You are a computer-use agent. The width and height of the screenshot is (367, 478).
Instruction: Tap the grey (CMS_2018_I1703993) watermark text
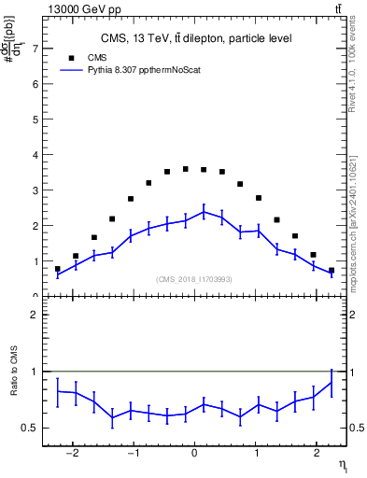pyautogui.click(x=194, y=279)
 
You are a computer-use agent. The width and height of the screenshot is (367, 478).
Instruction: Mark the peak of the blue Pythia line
pyautogui.click(x=204, y=212)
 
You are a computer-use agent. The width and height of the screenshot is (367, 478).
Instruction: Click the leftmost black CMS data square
pyautogui.click(x=58, y=269)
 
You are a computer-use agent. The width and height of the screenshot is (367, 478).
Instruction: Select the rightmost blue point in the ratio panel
pyautogui.click(x=331, y=383)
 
